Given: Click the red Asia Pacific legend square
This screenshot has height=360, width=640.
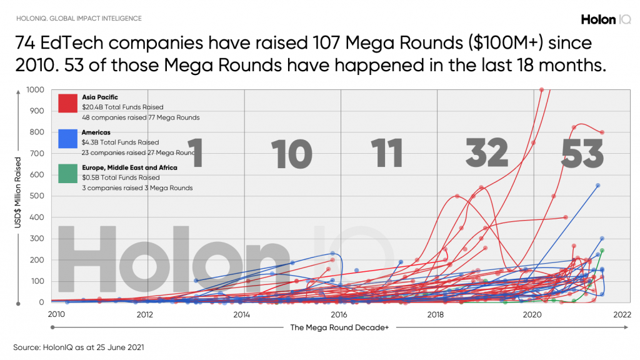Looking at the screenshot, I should coord(67,104).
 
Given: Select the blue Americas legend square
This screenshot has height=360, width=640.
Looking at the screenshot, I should coord(67,139).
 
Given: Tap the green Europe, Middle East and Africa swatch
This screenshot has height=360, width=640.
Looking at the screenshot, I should coord(67,174).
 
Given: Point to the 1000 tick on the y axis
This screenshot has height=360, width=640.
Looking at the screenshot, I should coord(36,90).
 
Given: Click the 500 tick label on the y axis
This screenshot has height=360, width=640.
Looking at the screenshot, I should coord(37,196).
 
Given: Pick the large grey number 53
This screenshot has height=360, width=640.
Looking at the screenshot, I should coord(582,153).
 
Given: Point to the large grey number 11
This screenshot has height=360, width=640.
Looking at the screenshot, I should coord(386,153).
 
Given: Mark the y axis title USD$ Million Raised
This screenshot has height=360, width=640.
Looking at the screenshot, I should coord(19,196).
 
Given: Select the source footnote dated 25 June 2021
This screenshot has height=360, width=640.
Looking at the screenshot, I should coord(79,346).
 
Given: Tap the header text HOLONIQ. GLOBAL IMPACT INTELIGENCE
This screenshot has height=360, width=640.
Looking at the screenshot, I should coord(79,19).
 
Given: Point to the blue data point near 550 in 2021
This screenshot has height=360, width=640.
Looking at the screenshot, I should coord(597,186).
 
